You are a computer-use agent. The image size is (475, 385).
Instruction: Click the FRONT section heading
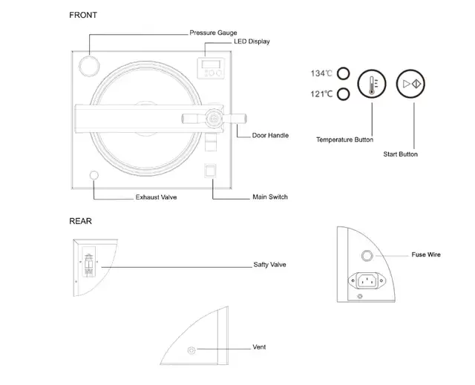[82, 15]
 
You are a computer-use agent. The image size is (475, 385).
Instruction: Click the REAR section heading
[81, 221]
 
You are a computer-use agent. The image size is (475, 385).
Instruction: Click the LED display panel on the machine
[214, 69]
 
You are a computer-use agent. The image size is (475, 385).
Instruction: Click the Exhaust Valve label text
[156, 197]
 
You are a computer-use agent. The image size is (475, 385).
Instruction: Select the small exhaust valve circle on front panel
[94, 177]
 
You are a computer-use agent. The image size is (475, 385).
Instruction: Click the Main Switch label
[270, 197]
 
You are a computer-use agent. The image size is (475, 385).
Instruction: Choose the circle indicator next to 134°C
[343, 73]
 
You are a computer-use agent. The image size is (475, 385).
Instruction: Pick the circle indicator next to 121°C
[343, 94]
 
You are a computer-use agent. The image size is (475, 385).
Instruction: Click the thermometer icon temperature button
[371, 84]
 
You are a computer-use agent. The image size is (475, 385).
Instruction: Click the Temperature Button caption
[344, 139]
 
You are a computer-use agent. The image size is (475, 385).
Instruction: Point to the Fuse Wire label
[426, 254]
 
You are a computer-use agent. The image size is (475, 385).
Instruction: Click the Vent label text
[259, 347]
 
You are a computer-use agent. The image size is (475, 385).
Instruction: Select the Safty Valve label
[269, 265]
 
